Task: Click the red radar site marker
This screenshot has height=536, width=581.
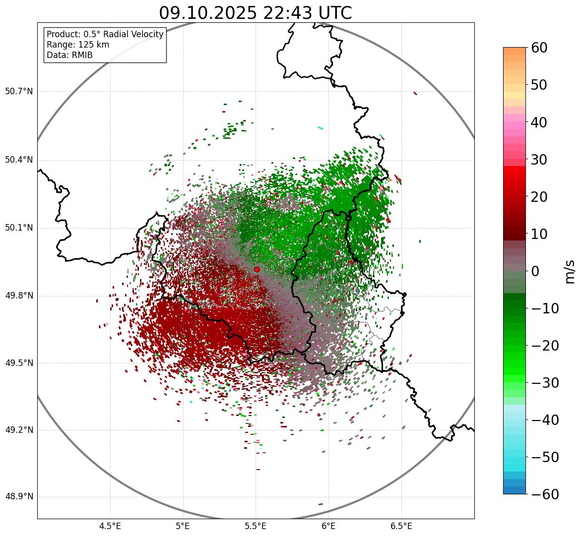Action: tap(257, 269)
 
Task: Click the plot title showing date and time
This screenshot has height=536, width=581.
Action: tap(255, 13)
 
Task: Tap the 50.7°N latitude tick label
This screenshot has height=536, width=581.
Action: tap(19, 91)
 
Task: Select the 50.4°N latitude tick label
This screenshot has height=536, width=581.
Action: tap(19, 160)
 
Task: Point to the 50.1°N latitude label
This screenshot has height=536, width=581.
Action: tap(19, 228)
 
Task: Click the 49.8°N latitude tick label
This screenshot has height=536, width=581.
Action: tap(19, 296)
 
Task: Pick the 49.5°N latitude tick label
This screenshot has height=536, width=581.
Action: tap(19, 363)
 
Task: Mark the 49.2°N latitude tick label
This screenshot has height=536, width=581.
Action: tap(19, 430)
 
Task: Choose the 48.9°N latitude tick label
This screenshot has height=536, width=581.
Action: tap(19, 497)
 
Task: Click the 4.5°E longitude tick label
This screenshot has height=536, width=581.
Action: tap(110, 526)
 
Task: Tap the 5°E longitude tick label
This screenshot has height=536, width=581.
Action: tap(183, 526)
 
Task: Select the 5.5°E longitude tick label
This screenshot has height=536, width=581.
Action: tap(256, 526)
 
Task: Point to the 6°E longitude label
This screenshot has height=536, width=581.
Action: tap(328, 526)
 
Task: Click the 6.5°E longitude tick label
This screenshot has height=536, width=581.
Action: tap(401, 526)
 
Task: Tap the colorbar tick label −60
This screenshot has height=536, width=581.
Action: tap(545, 494)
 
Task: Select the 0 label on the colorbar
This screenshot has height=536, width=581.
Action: tap(535, 271)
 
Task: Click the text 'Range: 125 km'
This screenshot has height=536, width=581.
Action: tap(78, 45)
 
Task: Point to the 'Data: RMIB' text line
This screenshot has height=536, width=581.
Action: tap(69, 55)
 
